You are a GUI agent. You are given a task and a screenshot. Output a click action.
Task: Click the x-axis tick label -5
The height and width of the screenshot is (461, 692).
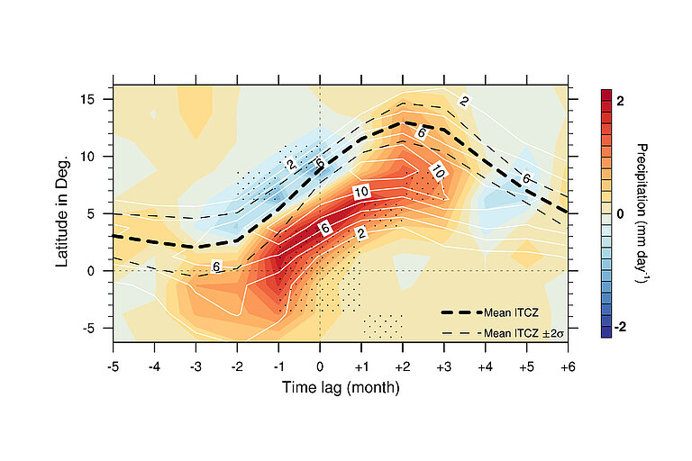click(x=114, y=367)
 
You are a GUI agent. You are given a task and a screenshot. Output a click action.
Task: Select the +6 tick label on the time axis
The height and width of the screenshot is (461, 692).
click(x=568, y=367)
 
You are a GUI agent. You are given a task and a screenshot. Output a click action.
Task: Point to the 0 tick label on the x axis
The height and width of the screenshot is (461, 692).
click(x=320, y=367)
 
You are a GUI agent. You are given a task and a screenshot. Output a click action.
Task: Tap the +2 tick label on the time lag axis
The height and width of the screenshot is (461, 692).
click(x=402, y=367)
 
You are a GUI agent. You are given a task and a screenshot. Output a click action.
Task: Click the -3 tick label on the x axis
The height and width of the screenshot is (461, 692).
click(x=196, y=367)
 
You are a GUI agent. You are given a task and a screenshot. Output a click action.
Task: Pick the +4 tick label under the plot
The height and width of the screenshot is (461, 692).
click(x=485, y=367)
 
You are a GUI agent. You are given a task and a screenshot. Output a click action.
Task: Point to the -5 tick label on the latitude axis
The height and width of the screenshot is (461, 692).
click(x=96, y=329)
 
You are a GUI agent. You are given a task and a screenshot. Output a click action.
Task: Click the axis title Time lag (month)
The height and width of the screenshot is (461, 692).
click(x=341, y=388)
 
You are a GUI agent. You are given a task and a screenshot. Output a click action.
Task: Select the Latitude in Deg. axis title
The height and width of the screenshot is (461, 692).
click(x=63, y=214)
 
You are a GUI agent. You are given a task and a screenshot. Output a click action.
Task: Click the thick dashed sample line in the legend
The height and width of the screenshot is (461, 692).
click(x=460, y=312)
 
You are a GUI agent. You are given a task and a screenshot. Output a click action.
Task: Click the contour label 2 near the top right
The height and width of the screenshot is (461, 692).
click(x=464, y=101)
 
